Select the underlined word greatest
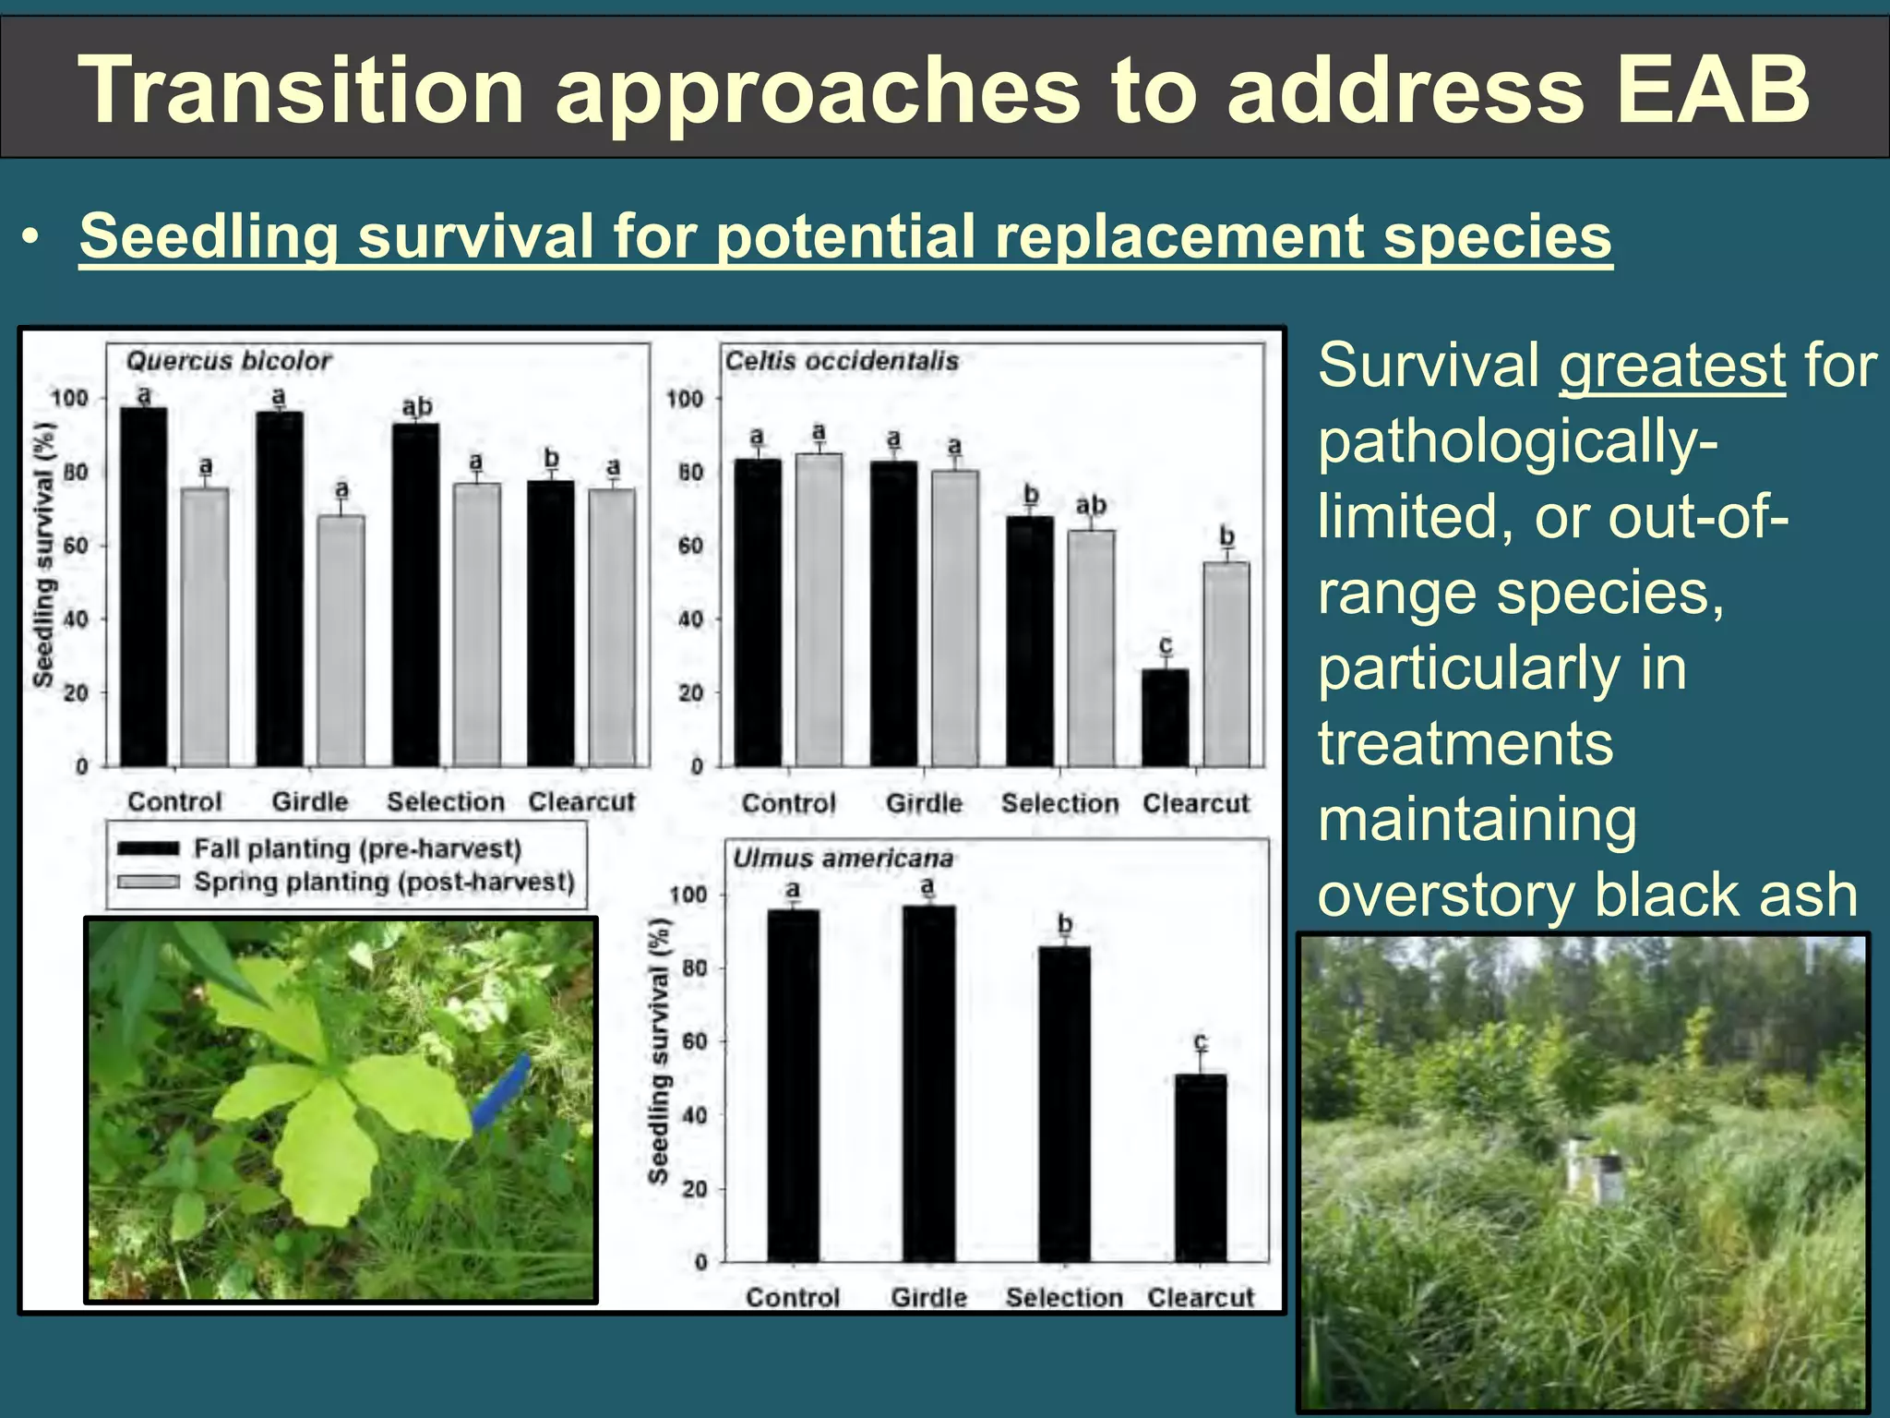[1671, 366]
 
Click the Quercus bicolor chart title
[228, 361]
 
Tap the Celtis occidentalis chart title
[841, 361]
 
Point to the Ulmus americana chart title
[842, 859]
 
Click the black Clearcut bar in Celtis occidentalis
[1165, 718]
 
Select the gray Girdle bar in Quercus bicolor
[341, 640]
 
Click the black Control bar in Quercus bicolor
[144, 586]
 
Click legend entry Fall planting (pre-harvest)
[356, 848]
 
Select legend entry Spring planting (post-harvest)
[383, 883]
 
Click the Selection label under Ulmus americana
[1063, 1298]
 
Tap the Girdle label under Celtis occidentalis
[924, 803]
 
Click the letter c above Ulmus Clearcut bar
[1200, 1042]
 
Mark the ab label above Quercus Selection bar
[416, 407]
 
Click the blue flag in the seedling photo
[502, 1092]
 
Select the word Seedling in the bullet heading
[209, 236]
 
